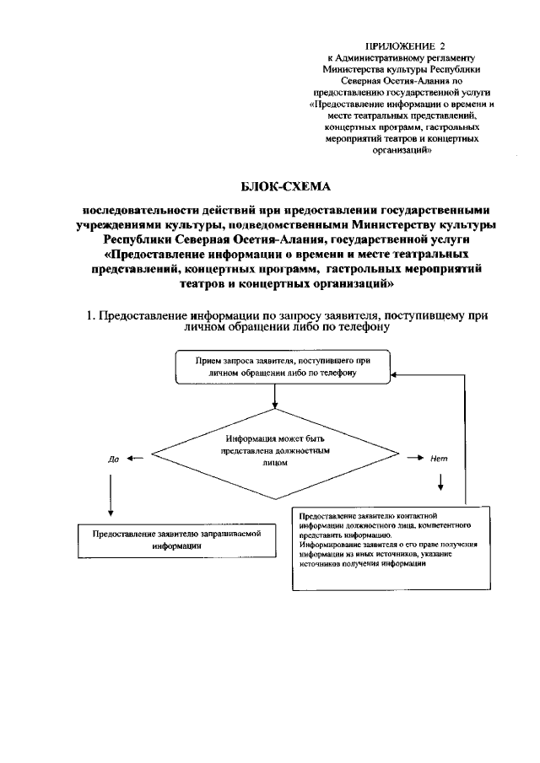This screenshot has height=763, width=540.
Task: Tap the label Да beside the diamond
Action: point(113,460)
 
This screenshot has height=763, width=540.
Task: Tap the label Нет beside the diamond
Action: point(438,459)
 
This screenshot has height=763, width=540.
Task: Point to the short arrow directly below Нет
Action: point(441,481)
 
